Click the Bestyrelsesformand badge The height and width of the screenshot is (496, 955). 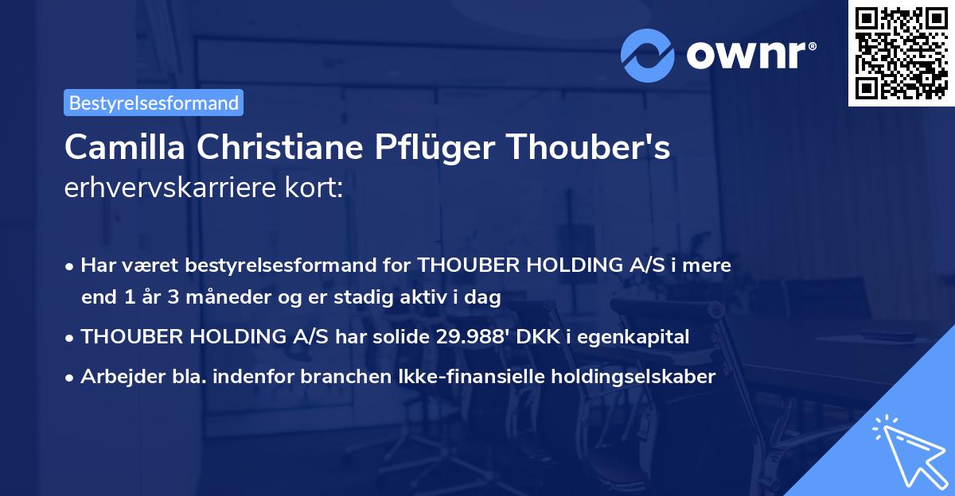pos(154,103)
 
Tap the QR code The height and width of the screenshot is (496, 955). pos(899,53)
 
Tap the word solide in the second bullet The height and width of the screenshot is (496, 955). pos(401,337)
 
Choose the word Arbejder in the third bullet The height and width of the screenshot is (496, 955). pos(115,377)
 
